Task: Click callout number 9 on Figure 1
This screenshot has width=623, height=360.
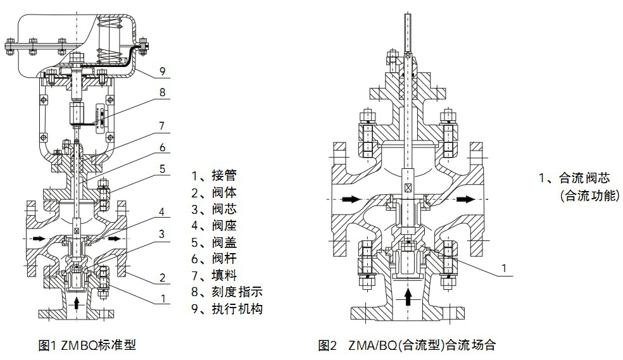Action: tap(162, 70)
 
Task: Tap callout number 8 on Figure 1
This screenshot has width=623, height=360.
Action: tap(162, 92)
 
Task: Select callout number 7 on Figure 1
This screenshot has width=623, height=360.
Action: tap(162, 126)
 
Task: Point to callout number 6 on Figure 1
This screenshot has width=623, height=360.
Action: tap(162, 147)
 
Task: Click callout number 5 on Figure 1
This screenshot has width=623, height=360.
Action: tap(162, 170)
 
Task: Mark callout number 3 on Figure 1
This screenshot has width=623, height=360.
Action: tap(162, 234)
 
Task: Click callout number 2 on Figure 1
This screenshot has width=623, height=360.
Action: tap(162, 276)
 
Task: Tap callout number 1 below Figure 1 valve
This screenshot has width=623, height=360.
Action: tap(162, 297)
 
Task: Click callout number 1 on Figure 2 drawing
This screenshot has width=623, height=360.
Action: tap(503, 268)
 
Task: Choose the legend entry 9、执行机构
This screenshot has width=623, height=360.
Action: tap(227, 309)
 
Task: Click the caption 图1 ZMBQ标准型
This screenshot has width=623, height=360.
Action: tap(87, 345)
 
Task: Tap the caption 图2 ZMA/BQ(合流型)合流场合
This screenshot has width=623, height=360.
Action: tap(406, 345)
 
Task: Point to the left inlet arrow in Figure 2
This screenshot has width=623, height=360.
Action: tap(350, 199)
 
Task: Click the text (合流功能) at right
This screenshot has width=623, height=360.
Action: tap(589, 196)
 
